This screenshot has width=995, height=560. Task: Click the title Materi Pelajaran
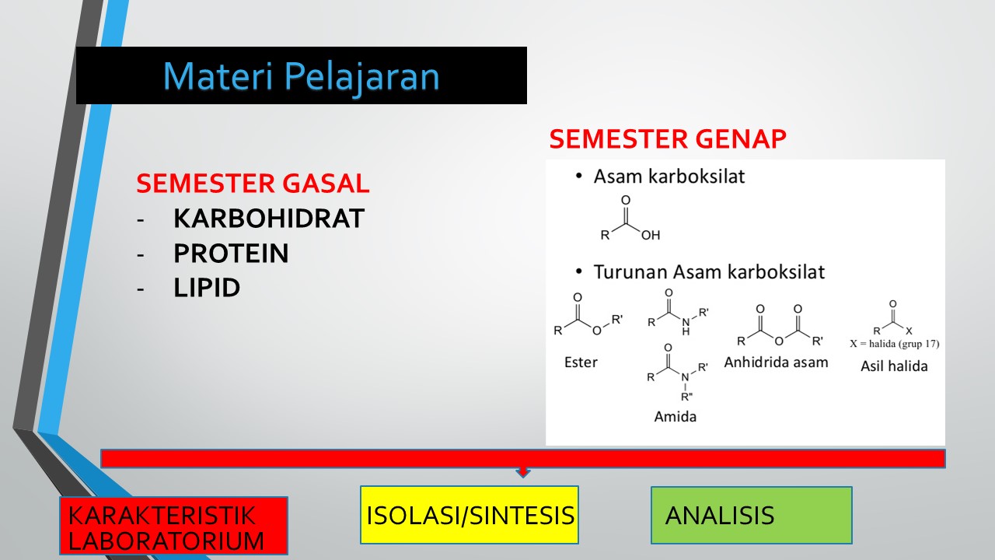301,76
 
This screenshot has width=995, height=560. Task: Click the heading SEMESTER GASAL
253,183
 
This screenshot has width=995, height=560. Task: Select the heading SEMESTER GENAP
668,138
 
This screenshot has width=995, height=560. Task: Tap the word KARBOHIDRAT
269,219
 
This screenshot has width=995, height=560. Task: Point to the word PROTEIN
231,254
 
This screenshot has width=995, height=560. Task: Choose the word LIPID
207,288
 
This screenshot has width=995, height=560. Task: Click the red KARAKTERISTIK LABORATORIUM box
173,526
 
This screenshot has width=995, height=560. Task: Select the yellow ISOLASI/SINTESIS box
470,515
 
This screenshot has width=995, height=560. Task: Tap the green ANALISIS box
752,515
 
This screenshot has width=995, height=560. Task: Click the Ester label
581,362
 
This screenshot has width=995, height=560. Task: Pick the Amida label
676,416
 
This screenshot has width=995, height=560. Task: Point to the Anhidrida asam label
776,362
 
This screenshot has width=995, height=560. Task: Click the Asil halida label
894,366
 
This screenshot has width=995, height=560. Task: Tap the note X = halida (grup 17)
895,344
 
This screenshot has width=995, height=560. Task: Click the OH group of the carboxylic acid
651,235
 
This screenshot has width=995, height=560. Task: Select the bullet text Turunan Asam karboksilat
709,272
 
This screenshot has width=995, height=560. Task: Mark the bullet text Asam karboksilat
669,177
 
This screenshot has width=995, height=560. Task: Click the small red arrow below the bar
523,472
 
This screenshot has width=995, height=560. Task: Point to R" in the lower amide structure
686,397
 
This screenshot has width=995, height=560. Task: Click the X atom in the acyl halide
909,331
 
